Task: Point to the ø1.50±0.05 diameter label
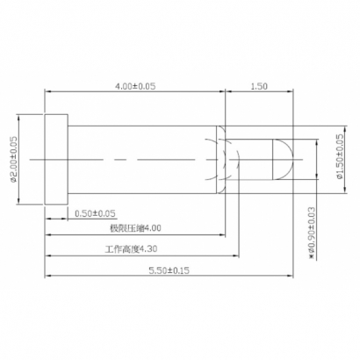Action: [x=340, y=159]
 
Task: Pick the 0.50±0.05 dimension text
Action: [x=96, y=213]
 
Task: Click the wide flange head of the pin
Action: [x=55, y=159]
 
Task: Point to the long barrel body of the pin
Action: [x=140, y=159]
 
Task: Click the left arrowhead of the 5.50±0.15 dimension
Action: [x=47, y=277]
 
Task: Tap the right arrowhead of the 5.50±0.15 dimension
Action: [x=290, y=277]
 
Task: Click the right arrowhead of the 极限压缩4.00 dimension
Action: [x=224, y=235]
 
